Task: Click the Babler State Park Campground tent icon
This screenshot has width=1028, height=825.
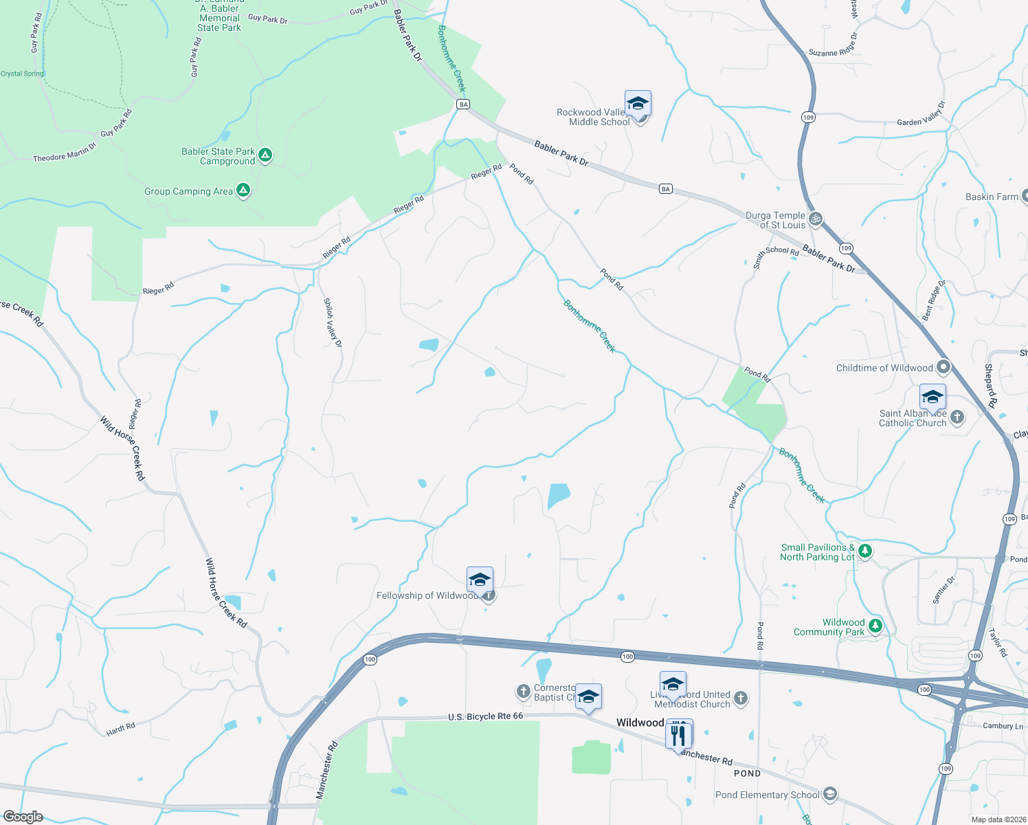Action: tap(265, 155)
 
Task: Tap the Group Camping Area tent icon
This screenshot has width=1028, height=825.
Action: tap(243, 190)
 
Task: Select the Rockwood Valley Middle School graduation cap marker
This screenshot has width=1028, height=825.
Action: tap(638, 104)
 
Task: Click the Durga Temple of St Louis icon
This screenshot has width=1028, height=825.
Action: tap(816, 219)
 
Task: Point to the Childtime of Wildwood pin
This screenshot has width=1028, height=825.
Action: tap(943, 367)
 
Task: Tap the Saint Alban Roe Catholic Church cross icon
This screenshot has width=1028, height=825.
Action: tap(957, 417)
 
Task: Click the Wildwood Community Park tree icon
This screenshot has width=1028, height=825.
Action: tap(875, 626)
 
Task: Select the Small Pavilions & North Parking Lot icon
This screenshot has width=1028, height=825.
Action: tap(865, 551)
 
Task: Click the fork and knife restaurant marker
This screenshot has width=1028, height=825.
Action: tap(678, 734)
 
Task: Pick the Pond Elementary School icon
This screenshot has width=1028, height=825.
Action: tap(830, 795)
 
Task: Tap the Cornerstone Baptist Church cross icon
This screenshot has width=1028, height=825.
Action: tap(524, 690)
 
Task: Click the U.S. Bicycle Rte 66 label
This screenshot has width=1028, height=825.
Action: tap(485, 716)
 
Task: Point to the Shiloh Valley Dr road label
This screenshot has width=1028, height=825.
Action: tap(333, 322)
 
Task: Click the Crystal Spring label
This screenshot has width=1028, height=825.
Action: tap(22, 74)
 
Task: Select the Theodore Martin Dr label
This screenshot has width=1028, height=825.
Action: tap(65, 153)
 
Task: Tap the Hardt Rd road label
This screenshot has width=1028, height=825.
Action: tap(121, 729)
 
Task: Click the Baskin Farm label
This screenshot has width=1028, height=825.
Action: tap(992, 197)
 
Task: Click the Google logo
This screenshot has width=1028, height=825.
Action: tap(23, 817)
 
